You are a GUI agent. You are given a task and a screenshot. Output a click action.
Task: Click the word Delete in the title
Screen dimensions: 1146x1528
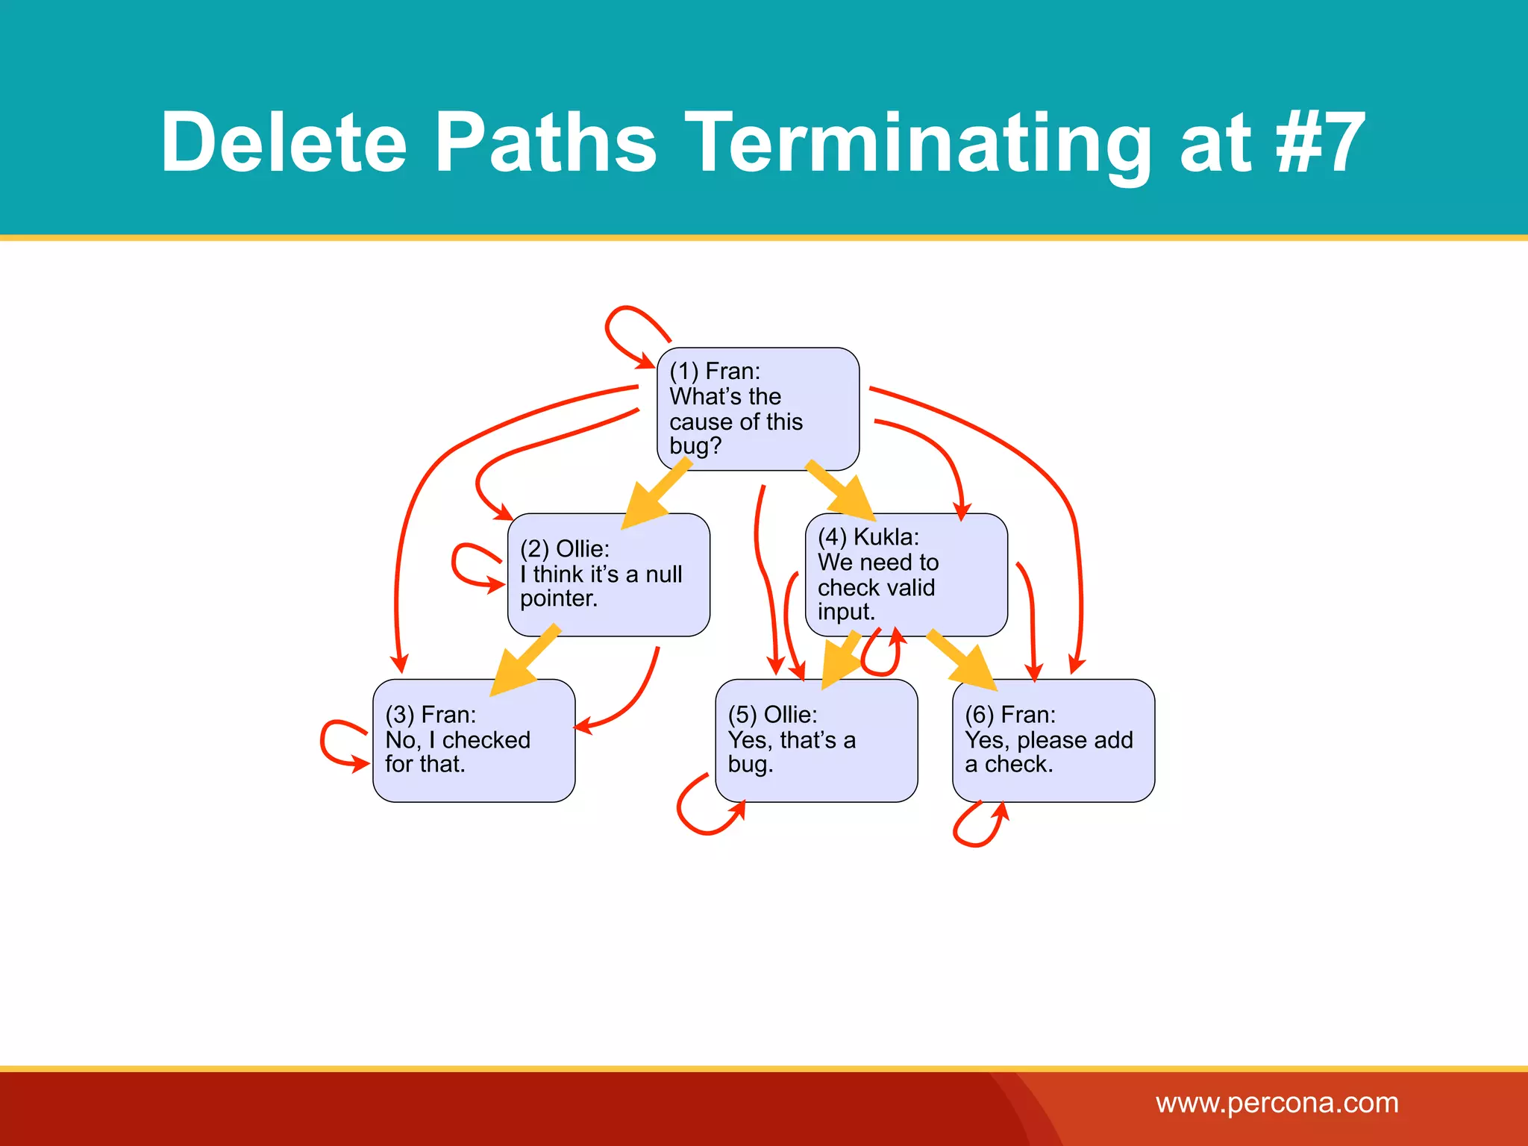[283, 142]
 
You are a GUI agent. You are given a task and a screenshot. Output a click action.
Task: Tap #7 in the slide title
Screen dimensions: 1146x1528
[1320, 142]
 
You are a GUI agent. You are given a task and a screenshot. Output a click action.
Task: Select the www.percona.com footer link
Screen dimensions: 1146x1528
[1277, 1103]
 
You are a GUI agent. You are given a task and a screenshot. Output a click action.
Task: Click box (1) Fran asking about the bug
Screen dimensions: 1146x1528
[757, 409]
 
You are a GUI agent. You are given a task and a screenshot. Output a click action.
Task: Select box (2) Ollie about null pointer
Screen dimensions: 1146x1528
[608, 574]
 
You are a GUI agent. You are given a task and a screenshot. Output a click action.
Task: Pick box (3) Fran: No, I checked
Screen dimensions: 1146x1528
[473, 740]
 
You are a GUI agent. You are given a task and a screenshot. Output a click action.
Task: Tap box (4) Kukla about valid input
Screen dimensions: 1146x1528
[906, 574]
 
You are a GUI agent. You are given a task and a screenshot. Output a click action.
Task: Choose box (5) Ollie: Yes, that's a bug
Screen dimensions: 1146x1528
[815, 740]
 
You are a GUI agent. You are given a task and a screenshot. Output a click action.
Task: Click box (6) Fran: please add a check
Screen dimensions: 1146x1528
[1053, 740]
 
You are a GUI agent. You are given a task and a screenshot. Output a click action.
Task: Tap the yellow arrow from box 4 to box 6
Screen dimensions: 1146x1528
[962, 660]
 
